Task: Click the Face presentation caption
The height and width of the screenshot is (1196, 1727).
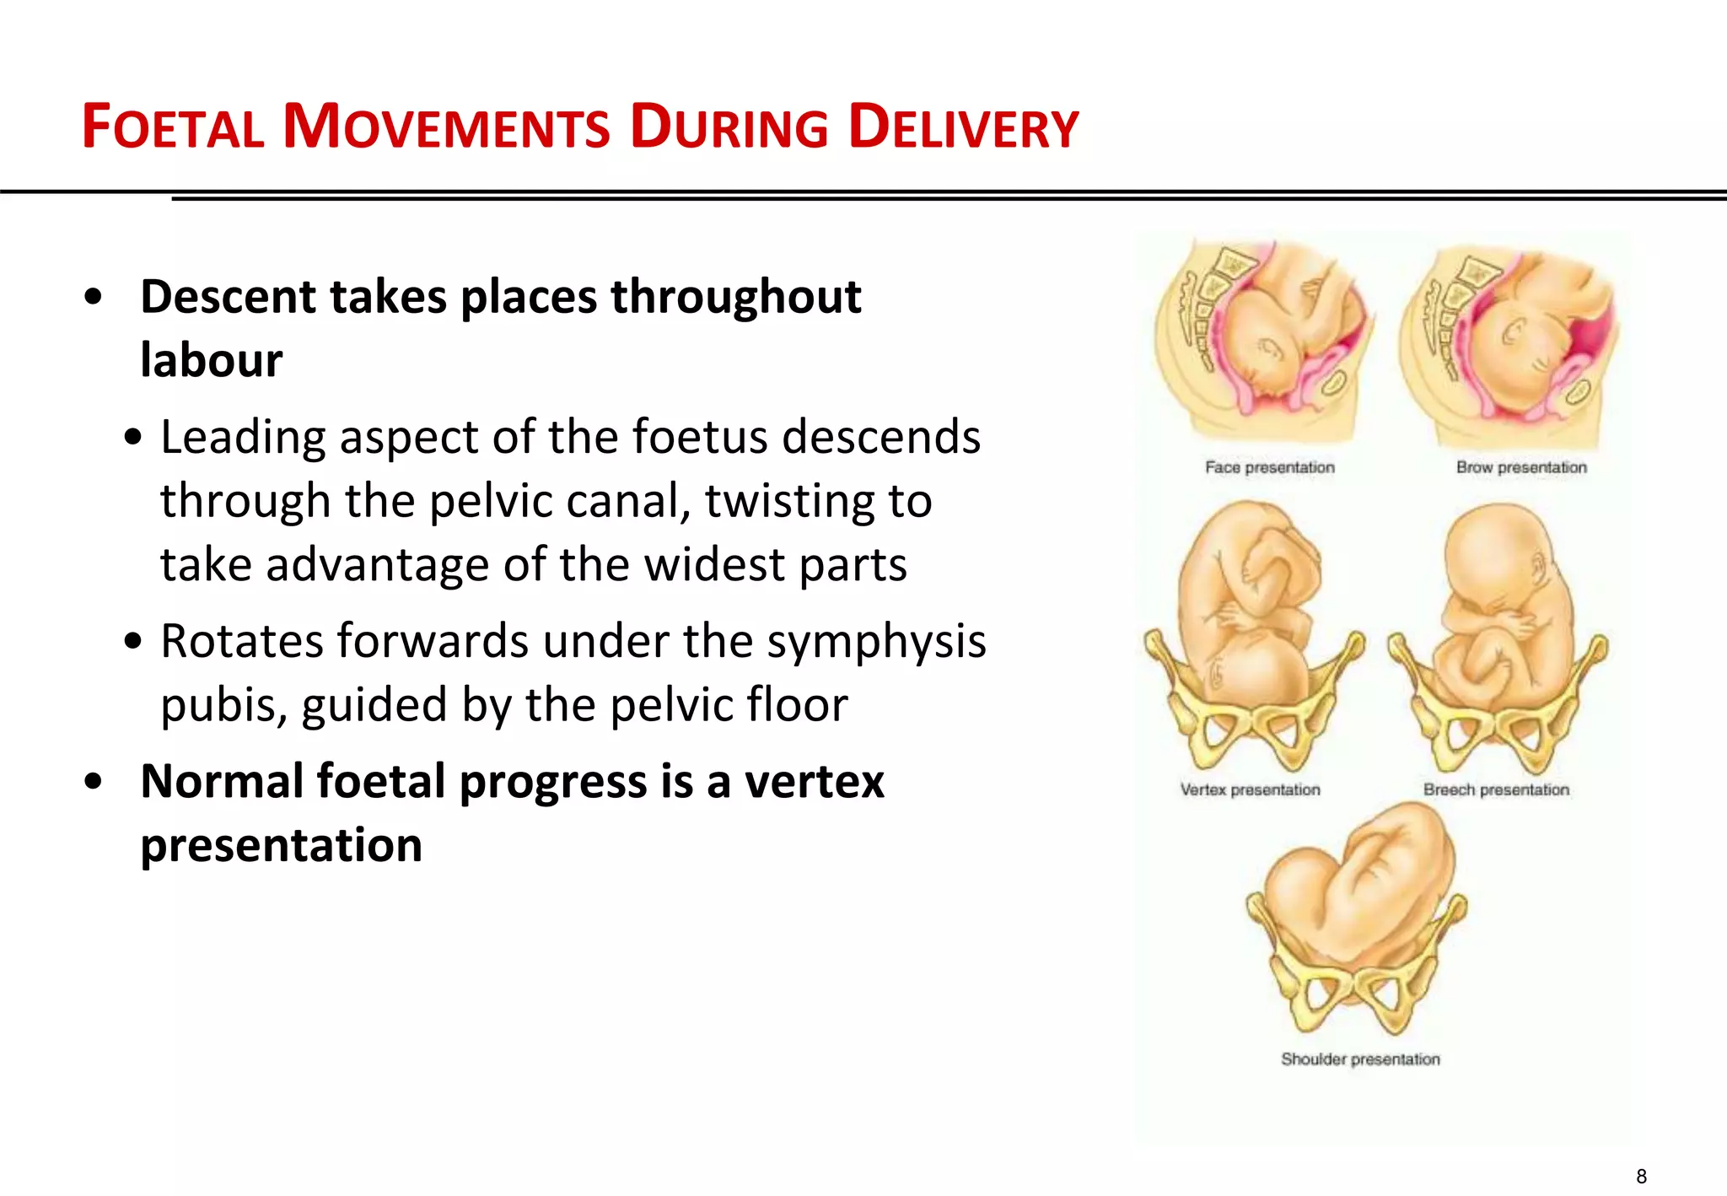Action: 1269,467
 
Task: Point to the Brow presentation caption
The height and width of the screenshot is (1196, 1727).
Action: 1520,467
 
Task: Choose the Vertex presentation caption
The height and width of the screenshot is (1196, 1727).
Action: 1250,789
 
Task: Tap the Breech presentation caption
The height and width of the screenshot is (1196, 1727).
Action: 1496,789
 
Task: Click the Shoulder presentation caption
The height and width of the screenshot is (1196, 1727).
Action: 1360,1059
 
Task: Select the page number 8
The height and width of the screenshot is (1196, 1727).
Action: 1641,1176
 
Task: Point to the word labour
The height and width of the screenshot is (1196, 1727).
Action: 211,360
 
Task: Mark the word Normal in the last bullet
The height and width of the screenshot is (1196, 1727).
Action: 222,781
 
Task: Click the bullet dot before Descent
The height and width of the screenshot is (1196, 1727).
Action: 94,297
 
